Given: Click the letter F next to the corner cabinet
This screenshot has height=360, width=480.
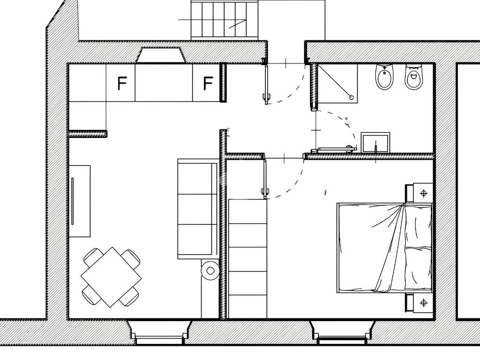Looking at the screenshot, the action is (122, 84).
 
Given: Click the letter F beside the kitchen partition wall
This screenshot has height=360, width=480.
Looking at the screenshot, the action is (208, 84).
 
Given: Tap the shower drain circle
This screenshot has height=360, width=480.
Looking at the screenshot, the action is (351, 97).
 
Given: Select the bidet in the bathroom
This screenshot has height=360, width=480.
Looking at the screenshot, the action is (385, 77).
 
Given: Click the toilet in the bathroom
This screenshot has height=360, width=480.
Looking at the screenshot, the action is (414, 77).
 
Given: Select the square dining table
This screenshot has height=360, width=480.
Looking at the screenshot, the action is (111, 277).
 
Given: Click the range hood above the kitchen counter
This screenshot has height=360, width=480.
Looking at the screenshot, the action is (161, 55).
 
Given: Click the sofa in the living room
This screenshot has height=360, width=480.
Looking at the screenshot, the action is (197, 209).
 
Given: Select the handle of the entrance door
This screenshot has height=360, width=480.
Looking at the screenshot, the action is (266, 98).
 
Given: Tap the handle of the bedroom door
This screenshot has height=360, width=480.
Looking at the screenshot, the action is (265, 191).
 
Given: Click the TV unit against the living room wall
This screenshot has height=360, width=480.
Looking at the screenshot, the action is (79, 201).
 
